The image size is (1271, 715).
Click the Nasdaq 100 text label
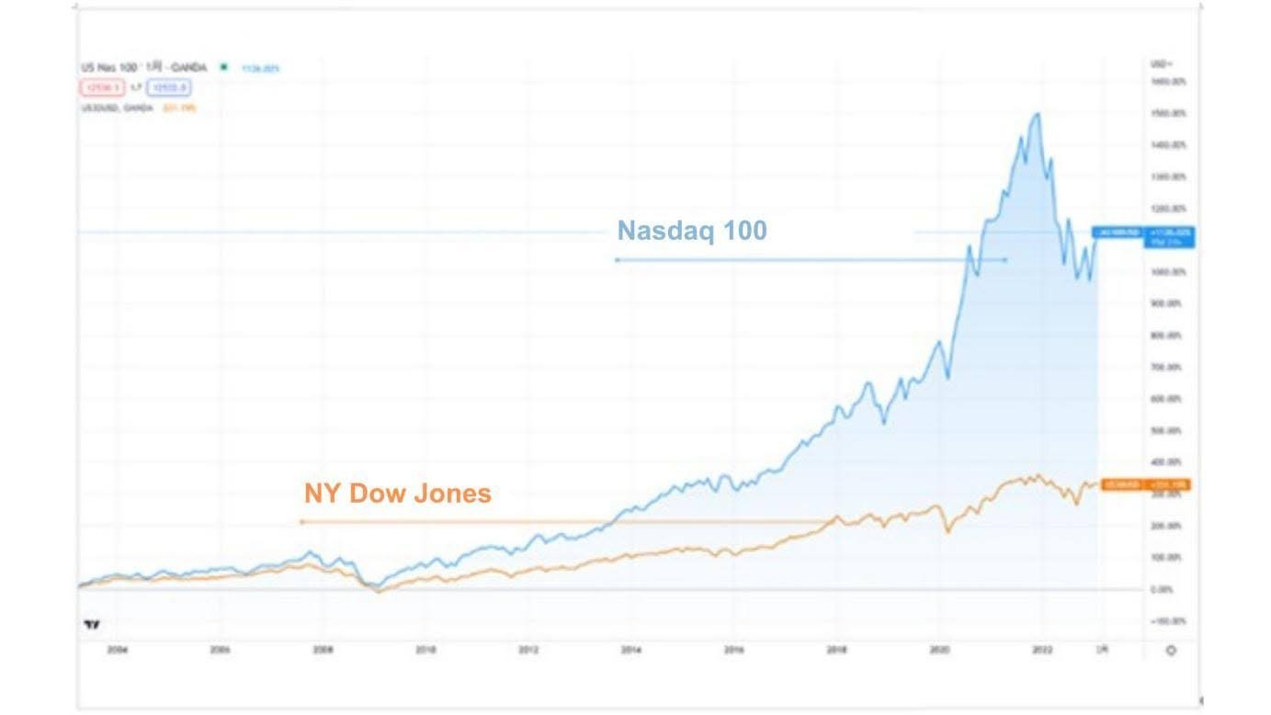691,230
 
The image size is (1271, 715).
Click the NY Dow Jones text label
397,494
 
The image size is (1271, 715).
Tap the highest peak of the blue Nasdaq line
1038,114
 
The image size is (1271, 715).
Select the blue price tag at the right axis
1142,236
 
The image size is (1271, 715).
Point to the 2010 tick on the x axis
425,650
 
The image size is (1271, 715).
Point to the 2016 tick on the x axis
733,650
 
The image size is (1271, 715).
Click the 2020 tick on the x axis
939,650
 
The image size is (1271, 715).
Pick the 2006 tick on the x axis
219,650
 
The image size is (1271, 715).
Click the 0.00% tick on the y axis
1163,589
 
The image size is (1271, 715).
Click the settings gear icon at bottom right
1170,651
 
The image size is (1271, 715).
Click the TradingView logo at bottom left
91,625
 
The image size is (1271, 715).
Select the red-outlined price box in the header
98,88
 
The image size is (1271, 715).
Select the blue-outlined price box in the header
168,88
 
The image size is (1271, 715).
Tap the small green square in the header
223,67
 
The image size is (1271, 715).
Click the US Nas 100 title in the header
111,67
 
